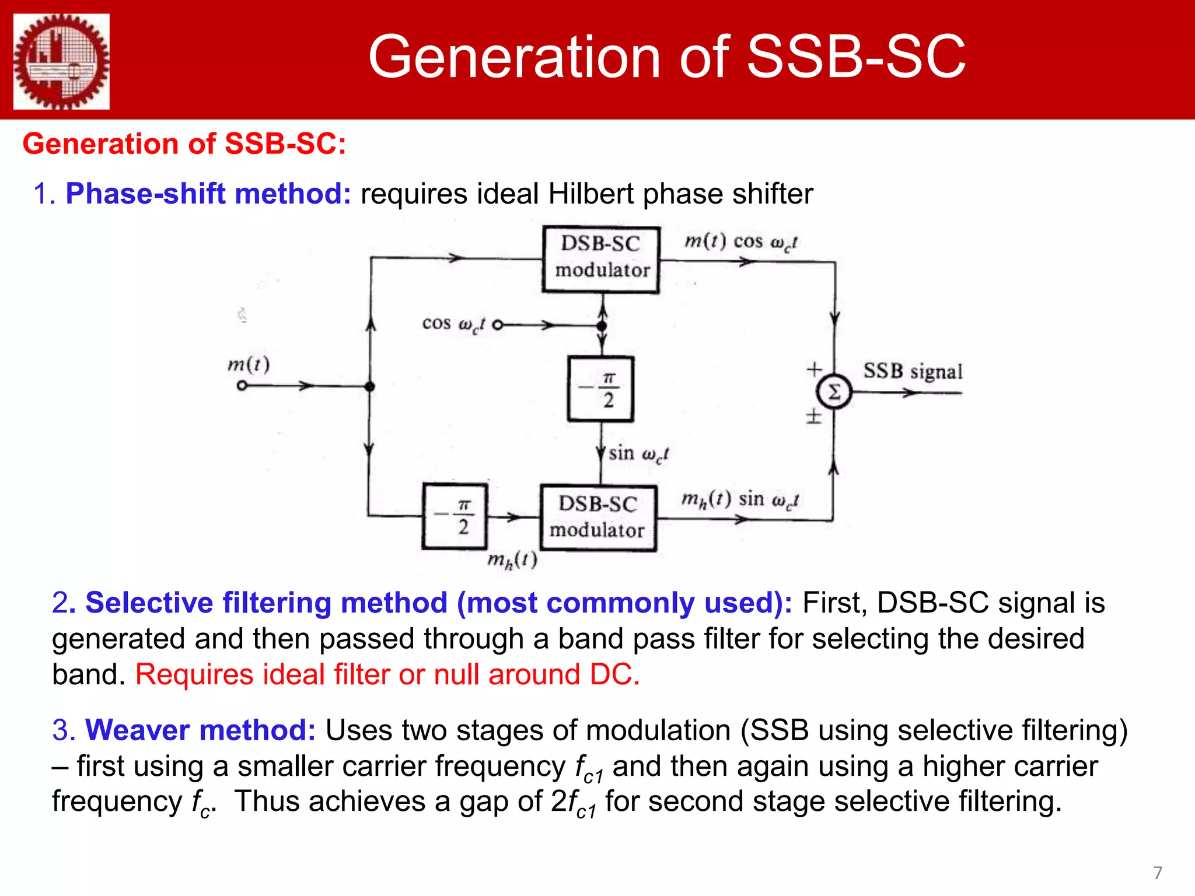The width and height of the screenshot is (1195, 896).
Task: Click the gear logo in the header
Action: click(61, 61)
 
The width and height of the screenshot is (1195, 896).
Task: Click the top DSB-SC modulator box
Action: click(601, 259)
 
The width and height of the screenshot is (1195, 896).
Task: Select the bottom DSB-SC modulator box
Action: click(598, 517)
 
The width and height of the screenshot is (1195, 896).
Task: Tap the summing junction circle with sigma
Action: click(834, 392)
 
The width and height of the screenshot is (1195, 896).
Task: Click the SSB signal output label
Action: click(913, 371)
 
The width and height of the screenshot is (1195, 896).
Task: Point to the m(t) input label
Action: click(249, 365)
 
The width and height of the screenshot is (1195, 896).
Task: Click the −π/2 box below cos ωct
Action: click(600, 388)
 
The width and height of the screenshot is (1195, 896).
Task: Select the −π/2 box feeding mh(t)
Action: click(455, 516)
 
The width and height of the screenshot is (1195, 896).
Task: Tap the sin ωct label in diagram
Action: click(638, 454)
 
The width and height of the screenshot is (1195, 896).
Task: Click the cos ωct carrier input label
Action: click(453, 324)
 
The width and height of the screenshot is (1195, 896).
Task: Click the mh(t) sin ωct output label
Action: click(740, 499)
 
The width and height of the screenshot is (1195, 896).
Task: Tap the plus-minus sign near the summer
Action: click(813, 416)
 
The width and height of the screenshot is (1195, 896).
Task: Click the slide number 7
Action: click(1158, 873)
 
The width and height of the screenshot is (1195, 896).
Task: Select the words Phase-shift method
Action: click(208, 194)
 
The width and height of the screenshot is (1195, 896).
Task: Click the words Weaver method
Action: click(200, 730)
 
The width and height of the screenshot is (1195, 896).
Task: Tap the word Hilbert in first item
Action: click(590, 194)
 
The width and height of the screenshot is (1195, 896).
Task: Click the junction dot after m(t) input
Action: click(369, 386)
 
